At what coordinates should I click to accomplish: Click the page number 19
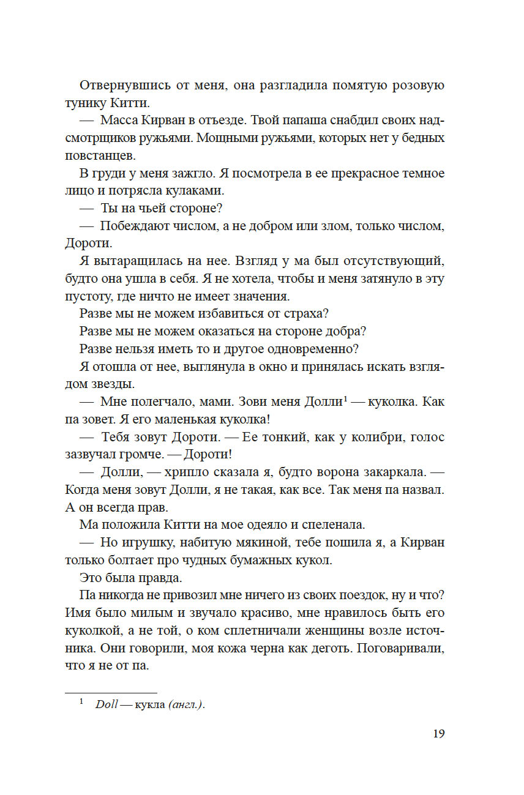pos(438,734)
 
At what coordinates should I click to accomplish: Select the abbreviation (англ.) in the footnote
pos(187,704)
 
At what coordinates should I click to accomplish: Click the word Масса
pos(119,121)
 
